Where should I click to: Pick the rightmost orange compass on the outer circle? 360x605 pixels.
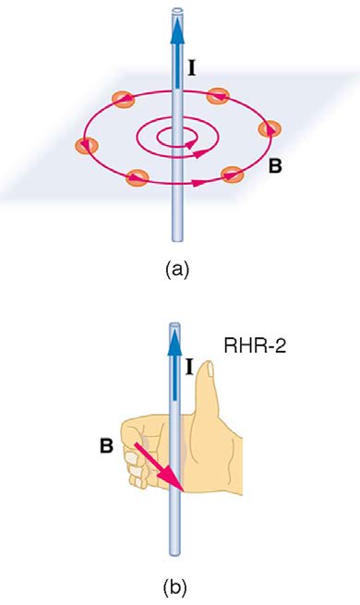coord(270,129)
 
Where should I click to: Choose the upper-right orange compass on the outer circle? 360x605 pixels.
coord(218,96)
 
